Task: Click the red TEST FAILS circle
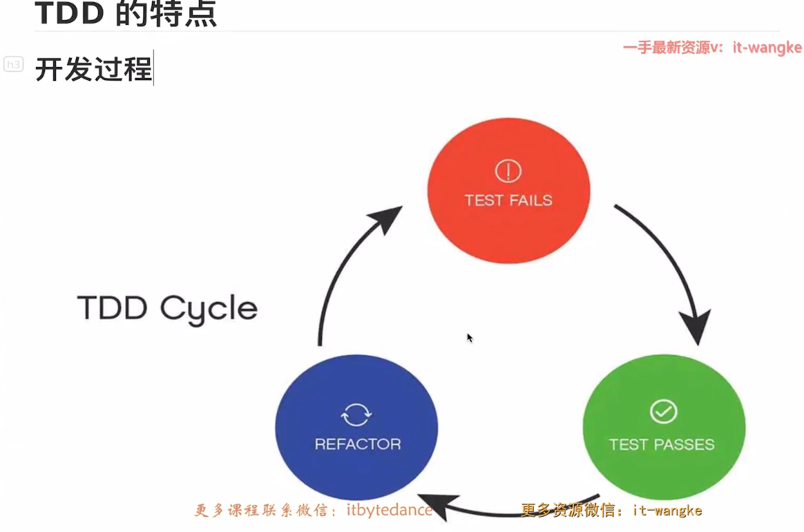click(508, 191)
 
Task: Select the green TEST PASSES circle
click(664, 427)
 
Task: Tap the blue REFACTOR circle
click(356, 427)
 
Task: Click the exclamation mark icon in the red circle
click(508, 171)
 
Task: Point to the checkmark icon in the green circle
click(664, 412)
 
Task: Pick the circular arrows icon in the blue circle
click(356, 415)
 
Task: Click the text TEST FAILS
click(508, 200)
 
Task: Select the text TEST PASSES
click(662, 444)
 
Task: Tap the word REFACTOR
click(358, 444)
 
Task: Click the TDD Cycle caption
click(167, 309)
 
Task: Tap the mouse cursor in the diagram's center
click(470, 338)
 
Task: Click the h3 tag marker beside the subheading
click(13, 64)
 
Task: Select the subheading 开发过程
click(93, 68)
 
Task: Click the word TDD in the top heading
click(69, 13)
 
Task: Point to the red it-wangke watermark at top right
click(713, 48)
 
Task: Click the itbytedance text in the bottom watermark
click(390, 510)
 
